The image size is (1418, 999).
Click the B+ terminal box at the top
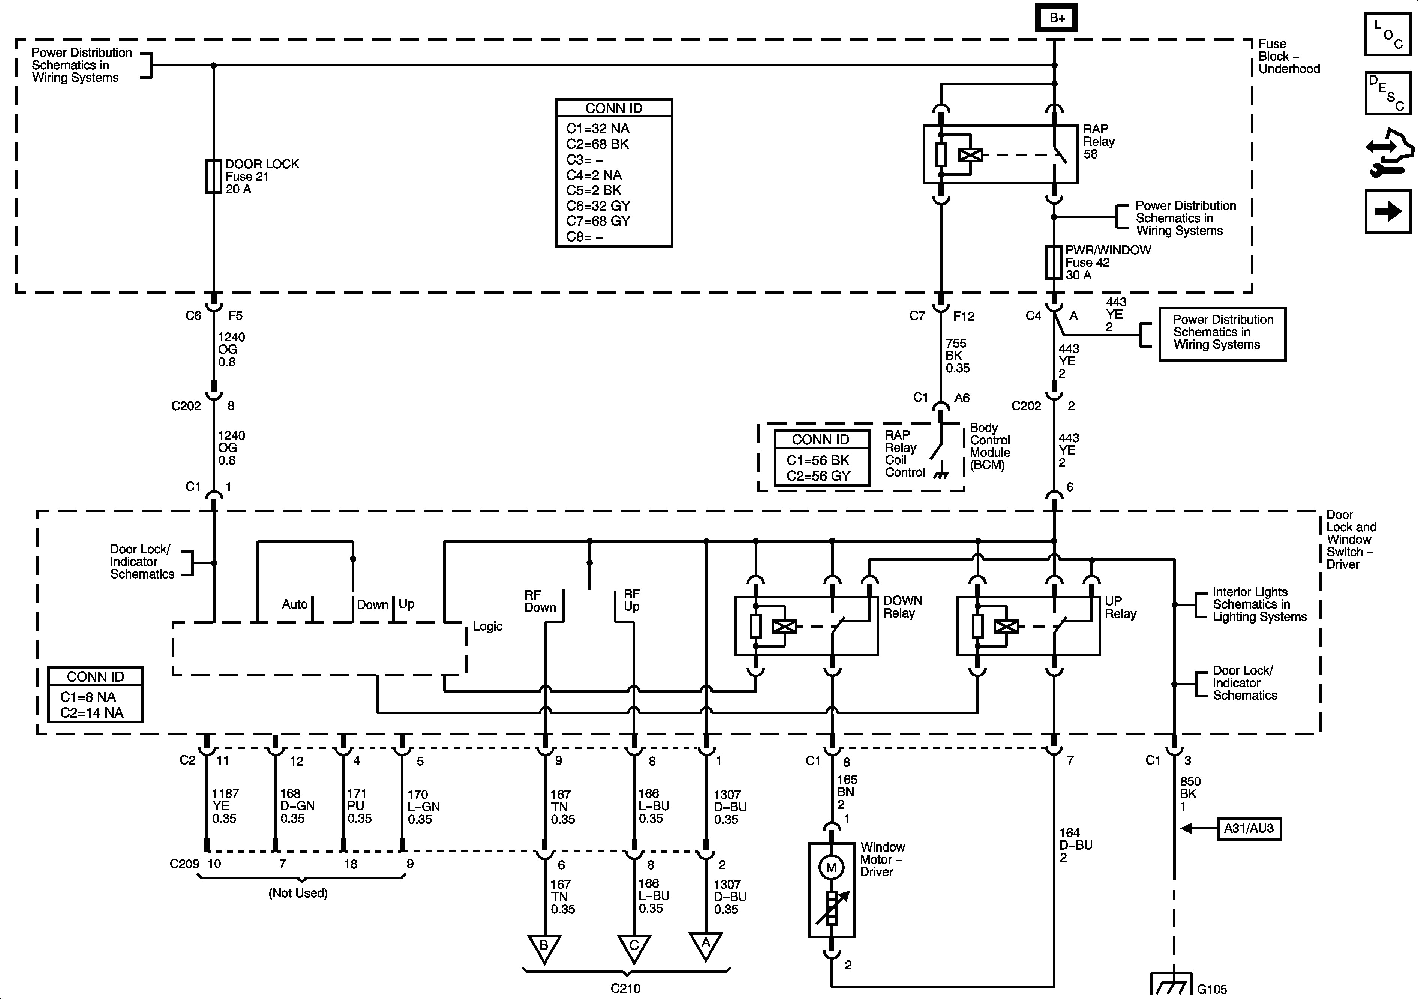pyautogui.click(x=1056, y=18)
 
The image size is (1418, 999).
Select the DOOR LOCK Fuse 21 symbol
pyautogui.click(x=214, y=177)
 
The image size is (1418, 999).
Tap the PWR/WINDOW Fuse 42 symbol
pyautogui.click(x=1054, y=262)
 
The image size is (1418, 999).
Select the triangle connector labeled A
pyautogui.click(x=705, y=945)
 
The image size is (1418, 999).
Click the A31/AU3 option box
pyautogui.click(x=1249, y=828)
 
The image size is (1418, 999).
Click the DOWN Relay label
pyautogui.click(x=902, y=607)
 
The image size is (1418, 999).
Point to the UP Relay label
pyautogui.click(x=1120, y=607)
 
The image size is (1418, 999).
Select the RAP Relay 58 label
pyautogui.click(x=1099, y=141)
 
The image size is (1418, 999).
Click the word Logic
pyautogui.click(x=487, y=627)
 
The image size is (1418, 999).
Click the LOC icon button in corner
pyautogui.click(x=1387, y=34)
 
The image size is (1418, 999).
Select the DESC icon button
pyautogui.click(x=1387, y=93)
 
